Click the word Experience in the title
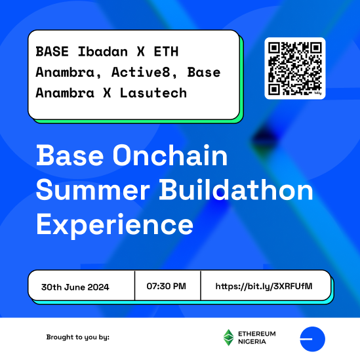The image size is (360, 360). point(115,224)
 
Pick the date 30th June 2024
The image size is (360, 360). point(75,287)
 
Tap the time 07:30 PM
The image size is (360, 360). point(167,287)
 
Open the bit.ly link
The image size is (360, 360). point(264,287)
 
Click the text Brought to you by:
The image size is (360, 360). point(77,337)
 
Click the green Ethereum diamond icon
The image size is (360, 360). point(229,337)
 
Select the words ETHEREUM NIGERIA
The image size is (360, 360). point(258,337)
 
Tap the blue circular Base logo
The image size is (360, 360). point(312,338)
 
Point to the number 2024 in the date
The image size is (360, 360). point(97,287)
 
